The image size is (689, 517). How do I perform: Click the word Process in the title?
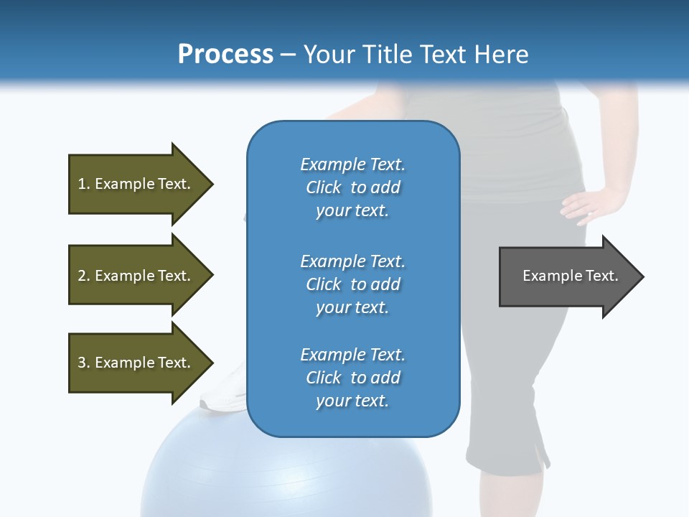[x=225, y=55]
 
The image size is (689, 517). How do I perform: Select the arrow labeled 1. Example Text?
[x=136, y=184]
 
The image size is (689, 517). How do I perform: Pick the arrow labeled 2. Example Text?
[x=136, y=276]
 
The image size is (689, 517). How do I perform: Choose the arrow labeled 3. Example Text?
[x=136, y=363]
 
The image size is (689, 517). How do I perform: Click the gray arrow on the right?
[x=567, y=276]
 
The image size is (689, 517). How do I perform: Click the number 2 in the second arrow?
[x=82, y=276]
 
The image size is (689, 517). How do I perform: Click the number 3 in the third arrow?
[x=82, y=363]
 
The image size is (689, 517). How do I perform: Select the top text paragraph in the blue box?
[x=352, y=187]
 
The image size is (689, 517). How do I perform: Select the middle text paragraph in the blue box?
[x=352, y=284]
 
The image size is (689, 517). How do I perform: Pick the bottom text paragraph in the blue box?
[x=352, y=378]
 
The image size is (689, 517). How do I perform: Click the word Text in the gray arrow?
[x=602, y=276]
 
